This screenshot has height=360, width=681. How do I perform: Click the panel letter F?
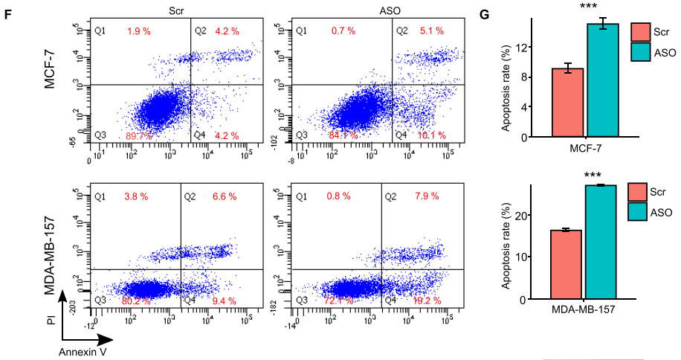click(x=7, y=13)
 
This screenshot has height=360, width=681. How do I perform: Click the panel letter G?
click(x=483, y=13)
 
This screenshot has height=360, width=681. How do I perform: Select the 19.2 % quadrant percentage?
click(x=427, y=300)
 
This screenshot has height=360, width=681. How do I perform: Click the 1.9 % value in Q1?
click(x=139, y=31)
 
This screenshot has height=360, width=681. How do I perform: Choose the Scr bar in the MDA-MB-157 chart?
click(x=566, y=264)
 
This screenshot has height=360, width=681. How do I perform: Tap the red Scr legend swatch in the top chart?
click(x=640, y=32)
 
